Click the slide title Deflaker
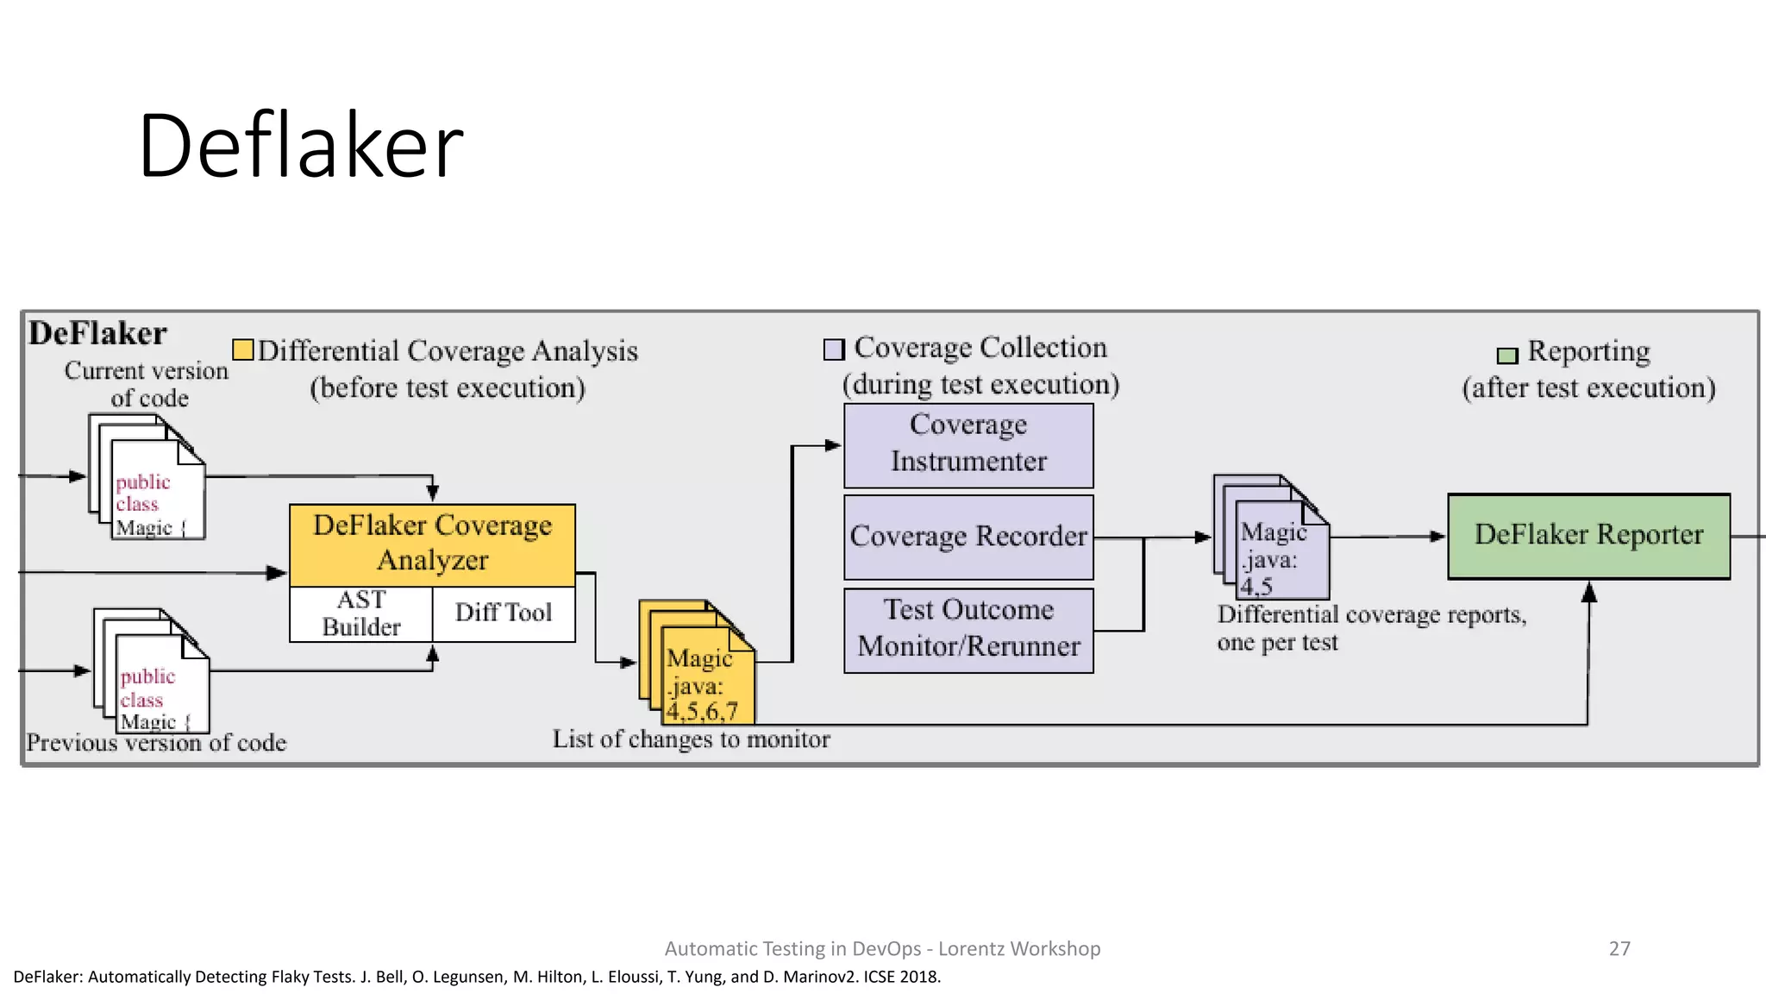(300, 146)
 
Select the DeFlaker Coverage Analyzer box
(432, 544)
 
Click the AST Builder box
(360, 613)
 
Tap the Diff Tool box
(504, 613)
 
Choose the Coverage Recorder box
(968, 537)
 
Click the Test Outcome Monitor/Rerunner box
(968, 630)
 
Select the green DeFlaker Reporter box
(1588, 536)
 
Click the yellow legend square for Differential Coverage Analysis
(243, 349)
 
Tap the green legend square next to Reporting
(1506, 355)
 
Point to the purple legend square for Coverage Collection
(834, 349)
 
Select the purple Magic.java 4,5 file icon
(1274, 540)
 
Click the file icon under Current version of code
(148, 480)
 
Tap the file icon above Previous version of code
(153, 674)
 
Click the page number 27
(1619, 948)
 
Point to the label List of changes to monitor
(691, 739)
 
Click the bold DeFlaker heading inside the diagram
(97, 334)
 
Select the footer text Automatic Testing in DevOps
(882, 948)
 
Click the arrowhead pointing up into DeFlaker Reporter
(1588, 592)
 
